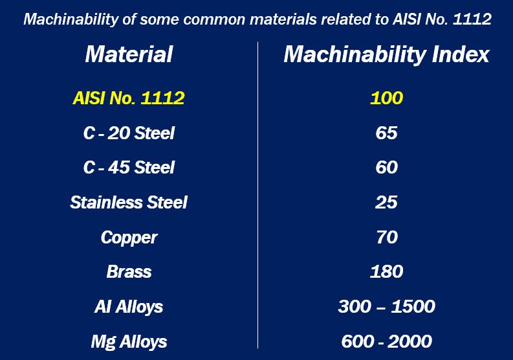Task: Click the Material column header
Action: (129, 54)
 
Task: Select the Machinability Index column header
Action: (386, 54)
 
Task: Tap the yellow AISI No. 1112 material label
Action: (129, 98)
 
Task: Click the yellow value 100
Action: (386, 98)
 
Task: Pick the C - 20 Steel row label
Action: (129, 133)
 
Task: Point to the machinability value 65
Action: (386, 133)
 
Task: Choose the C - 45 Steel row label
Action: (129, 168)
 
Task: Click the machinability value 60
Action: (386, 168)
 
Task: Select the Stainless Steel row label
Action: (129, 202)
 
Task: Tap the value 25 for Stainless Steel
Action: (386, 202)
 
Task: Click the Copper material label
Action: (129, 238)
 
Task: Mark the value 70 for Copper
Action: (387, 237)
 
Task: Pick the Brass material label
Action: (129, 271)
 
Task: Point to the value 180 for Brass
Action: (386, 271)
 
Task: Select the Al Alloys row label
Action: (129, 307)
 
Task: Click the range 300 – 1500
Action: (386, 306)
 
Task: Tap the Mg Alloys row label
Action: (129, 342)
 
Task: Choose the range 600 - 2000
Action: (386, 341)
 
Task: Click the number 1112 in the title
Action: (472, 19)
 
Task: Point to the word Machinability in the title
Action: (71, 19)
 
